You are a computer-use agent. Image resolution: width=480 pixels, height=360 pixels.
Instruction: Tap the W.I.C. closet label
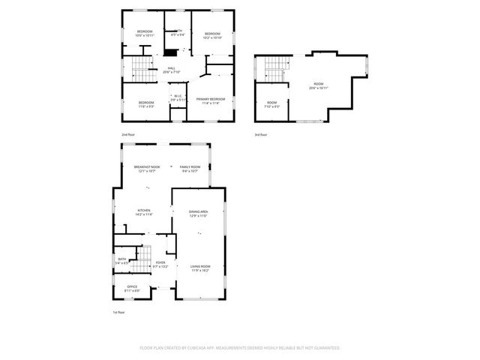(x=177, y=97)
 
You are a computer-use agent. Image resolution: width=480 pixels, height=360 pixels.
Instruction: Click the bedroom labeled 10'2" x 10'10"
(x=212, y=34)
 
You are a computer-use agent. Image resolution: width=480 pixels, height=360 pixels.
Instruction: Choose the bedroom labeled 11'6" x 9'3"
(x=146, y=104)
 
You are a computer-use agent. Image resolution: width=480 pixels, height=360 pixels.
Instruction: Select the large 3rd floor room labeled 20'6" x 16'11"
(x=318, y=85)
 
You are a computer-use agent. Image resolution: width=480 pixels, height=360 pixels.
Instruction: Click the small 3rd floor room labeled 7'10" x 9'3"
(x=271, y=104)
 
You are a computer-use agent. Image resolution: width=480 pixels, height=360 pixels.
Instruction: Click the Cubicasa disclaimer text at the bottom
(x=240, y=348)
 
